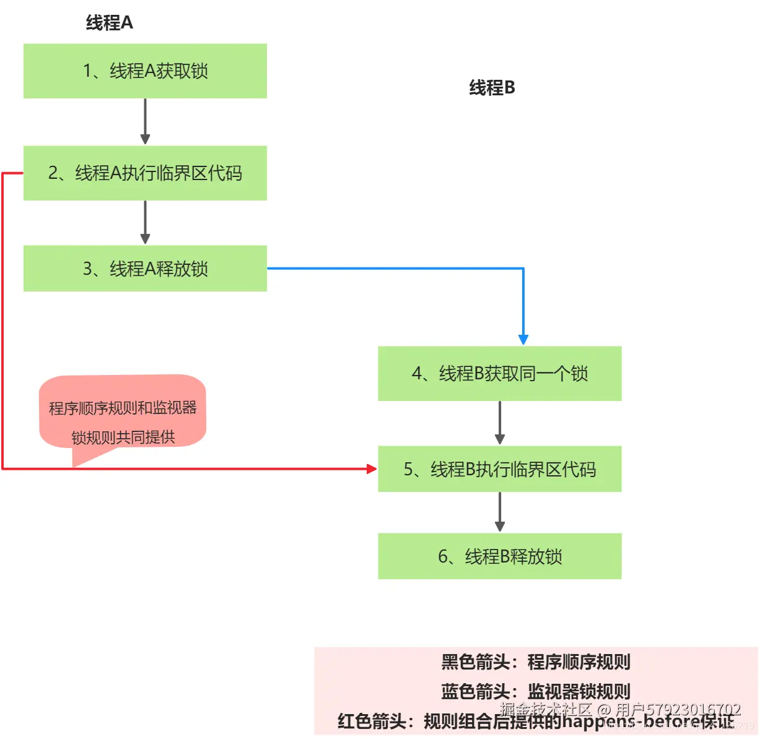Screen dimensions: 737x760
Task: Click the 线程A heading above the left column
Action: click(x=109, y=23)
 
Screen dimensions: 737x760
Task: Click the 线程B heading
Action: click(x=492, y=88)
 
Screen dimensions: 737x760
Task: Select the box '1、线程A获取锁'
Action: click(x=145, y=71)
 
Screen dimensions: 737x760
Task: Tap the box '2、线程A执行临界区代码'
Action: click(x=145, y=173)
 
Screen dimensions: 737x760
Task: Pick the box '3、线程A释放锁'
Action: click(x=145, y=269)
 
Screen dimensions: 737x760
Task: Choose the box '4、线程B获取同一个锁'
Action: click(x=499, y=374)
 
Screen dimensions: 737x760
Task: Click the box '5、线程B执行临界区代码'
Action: click(x=499, y=469)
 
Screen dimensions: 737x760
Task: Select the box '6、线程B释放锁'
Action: click(x=499, y=556)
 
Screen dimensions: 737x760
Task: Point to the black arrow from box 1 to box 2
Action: click(x=145, y=121)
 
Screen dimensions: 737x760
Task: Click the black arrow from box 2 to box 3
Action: click(x=145, y=222)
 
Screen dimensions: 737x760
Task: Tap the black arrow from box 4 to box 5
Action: click(x=500, y=423)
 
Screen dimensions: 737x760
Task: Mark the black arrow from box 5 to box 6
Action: click(x=500, y=512)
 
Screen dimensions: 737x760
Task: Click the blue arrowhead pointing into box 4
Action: click(x=523, y=340)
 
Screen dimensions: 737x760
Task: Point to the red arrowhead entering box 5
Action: click(x=372, y=469)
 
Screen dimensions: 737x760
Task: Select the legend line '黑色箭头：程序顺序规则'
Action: click(x=535, y=662)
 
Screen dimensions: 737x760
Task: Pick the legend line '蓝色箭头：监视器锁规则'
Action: click(x=535, y=691)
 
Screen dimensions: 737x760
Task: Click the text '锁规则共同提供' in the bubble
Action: click(x=123, y=437)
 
